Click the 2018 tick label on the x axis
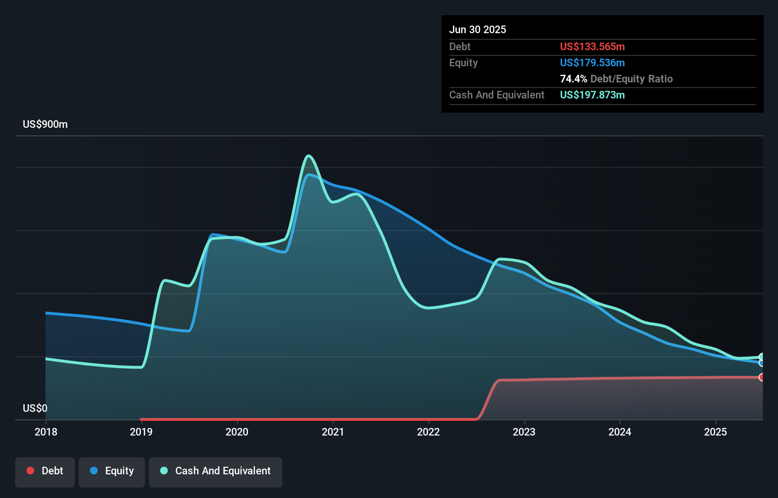[x=46, y=432]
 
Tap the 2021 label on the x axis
[x=333, y=432]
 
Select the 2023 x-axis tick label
[x=524, y=432]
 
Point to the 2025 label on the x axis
[x=715, y=432]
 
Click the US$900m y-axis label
[x=45, y=124]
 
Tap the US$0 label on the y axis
[x=35, y=408]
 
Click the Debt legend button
[x=45, y=471]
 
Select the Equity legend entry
[x=112, y=471]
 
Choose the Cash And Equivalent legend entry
[x=216, y=471]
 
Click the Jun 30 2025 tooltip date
[x=478, y=30]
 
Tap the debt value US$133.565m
[x=592, y=47]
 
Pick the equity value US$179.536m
[x=592, y=63]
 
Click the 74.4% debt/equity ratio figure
[x=573, y=79]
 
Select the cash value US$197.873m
[x=592, y=95]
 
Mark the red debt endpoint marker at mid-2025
[x=761, y=377]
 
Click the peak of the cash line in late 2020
[x=309, y=156]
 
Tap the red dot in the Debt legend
[x=30, y=471]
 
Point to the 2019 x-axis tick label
[x=141, y=432]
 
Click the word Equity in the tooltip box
[x=463, y=63]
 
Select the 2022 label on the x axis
[x=428, y=432]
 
